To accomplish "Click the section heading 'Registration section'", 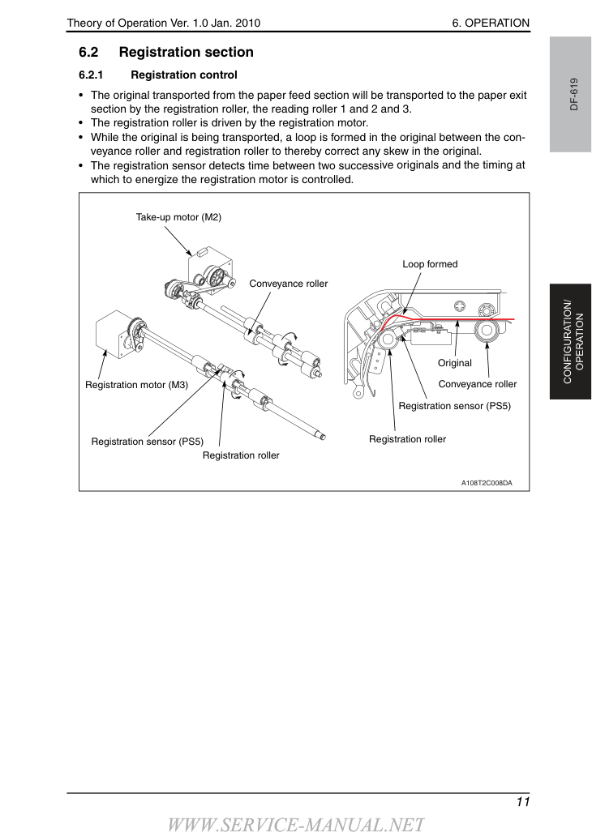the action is click(x=186, y=53).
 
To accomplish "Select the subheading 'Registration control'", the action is click(x=184, y=75).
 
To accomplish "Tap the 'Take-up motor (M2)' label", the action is click(x=178, y=217).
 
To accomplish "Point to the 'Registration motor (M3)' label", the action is click(x=136, y=385).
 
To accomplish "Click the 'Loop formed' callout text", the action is click(x=430, y=264).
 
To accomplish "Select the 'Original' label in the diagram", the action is click(x=455, y=363).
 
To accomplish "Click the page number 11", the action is click(x=523, y=802).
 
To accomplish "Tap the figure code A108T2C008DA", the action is click(x=487, y=483).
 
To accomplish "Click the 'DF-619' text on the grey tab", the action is click(x=574, y=95).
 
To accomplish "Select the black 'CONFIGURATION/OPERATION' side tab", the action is click(x=570, y=342).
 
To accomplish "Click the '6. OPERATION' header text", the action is click(x=491, y=23).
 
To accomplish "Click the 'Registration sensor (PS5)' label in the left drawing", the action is click(x=147, y=442).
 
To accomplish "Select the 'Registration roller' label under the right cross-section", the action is click(x=407, y=439).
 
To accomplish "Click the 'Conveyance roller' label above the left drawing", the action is click(x=289, y=284).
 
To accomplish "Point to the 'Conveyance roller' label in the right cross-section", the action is click(x=477, y=384).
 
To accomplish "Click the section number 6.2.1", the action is click(x=91, y=75).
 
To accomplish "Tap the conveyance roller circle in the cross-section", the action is click(x=487, y=331).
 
